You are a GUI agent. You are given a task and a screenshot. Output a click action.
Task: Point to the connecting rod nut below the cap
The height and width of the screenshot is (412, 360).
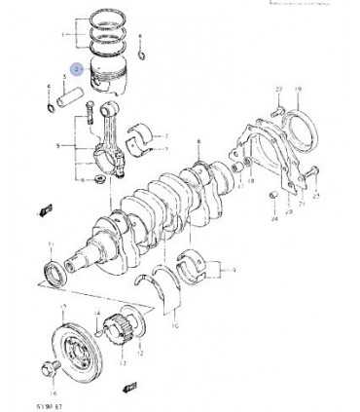[101, 180]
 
